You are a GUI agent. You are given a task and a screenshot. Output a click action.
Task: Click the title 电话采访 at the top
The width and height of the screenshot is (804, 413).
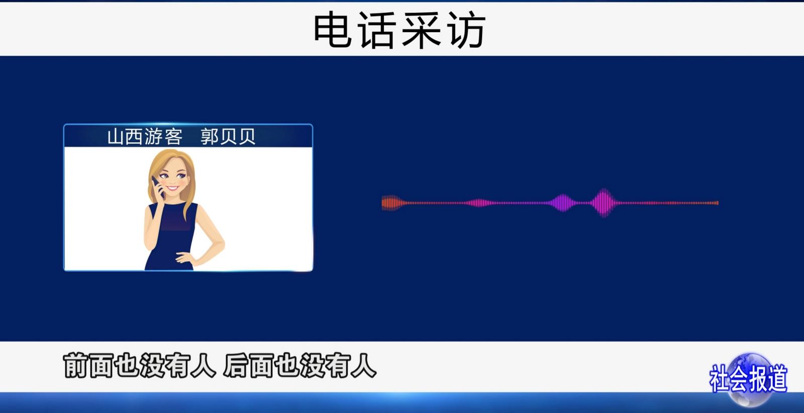pyautogui.click(x=400, y=30)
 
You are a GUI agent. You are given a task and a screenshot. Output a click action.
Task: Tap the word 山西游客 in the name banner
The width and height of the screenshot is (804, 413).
pyautogui.click(x=145, y=137)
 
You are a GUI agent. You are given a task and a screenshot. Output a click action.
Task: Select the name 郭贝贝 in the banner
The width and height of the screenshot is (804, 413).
pyautogui.click(x=228, y=137)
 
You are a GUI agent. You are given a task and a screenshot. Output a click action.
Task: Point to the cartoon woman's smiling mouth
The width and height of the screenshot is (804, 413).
pyautogui.click(x=173, y=188)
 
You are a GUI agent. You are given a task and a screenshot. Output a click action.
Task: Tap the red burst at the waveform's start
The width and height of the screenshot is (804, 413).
pyautogui.click(x=392, y=203)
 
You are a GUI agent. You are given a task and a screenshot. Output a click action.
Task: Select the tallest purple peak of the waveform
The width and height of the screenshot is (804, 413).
pyautogui.click(x=605, y=203)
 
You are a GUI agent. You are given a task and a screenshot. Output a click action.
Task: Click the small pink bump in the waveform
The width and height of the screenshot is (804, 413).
pyautogui.click(x=480, y=203)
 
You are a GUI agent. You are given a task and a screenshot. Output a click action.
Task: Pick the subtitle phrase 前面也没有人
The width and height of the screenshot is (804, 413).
pyautogui.click(x=140, y=366)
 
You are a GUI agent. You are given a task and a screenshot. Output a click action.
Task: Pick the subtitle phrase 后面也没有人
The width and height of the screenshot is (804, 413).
pyautogui.click(x=300, y=366)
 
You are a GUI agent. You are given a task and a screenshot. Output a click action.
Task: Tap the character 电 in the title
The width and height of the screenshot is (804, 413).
pyautogui.click(x=332, y=30)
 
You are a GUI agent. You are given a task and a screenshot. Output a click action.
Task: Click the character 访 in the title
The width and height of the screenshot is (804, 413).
pyautogui.click(x=467, y=30)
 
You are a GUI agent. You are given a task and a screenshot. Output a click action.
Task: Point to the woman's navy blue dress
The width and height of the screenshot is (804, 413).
pyautogui.click(x=171, y=237)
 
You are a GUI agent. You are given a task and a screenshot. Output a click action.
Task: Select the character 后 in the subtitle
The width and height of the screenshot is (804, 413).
pyautogui.click(x=236, y=366)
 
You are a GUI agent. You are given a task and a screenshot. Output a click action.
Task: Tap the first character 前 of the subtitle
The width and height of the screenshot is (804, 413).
pyautogui.click(x=76, y=366)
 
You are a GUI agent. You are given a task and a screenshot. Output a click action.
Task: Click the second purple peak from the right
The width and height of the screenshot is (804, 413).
pyautogui.click(x=563, y=203)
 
